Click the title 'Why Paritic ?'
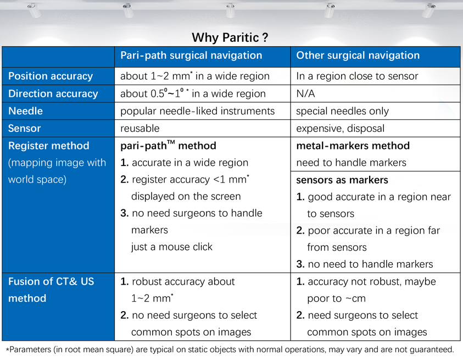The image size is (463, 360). pyautogui.click(x=230, y=37)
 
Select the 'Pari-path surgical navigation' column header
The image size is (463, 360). pyautogui.click(x=191, y=56)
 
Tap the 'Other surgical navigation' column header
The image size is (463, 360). pyautogui.click(x=358, y=56)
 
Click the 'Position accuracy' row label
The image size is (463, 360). pyautogui.click(x=51, y=76)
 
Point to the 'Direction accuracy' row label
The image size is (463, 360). pyautogui.click(x=53, y=93)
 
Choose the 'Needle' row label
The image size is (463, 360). pyautogui.click(x=25, y=111)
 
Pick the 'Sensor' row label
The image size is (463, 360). pyautogui.click(x=25, y=128)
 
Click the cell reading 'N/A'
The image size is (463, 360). pyautogui.click(x=305, y=93)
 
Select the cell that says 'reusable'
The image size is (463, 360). pyautogui.click(x=140, y=128)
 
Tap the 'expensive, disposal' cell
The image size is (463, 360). pyautogui.click(x=340, y=128)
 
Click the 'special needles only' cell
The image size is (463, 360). pyautogui.click(x=342, y=111)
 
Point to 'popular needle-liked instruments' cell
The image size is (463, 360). pyautogui.click(x=197, y=111)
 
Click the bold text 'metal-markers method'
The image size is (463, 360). pyautogui.click(x=353, y=146)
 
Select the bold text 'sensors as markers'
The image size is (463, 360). pyautogui.click(x=342, y=180)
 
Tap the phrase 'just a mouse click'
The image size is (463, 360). pyautogui.click(x=172, y=247)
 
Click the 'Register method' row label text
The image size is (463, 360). pyautogui.click(x=49, y=146)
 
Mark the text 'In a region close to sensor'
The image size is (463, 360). pyautogui.click(x=357, y=76)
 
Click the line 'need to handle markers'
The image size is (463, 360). pyautogui.click(x=351, y=163)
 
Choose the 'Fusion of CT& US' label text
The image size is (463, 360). pyautogui.click(x=51, y=281)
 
